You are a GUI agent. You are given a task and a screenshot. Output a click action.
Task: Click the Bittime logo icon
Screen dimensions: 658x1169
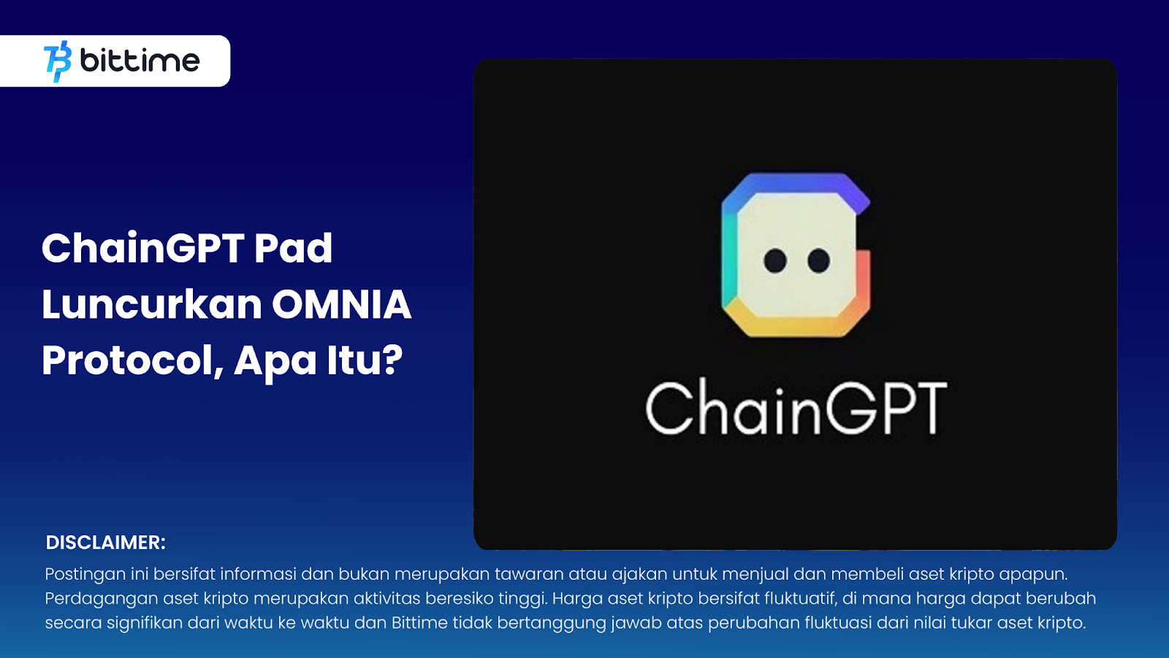[x=58, y=61]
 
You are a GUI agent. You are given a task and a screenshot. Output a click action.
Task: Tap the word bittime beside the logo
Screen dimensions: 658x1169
[x=140, y=61]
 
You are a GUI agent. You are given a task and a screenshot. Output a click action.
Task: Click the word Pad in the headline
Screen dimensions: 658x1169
[x=293, y=249]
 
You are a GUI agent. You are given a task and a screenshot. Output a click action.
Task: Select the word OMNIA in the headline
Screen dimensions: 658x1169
[x=341, y=305]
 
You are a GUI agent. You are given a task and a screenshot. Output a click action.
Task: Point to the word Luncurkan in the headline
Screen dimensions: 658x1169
[x=151, y=305]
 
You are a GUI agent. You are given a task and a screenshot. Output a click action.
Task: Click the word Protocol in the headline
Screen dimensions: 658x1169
[x=132, y=360]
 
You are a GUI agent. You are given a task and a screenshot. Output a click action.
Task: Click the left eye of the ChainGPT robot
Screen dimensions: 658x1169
[x=774, y=260]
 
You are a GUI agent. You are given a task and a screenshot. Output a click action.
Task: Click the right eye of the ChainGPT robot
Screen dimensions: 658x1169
[x=818, y=260]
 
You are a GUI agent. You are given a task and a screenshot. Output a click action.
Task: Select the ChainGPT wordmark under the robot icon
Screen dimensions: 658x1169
[x=796, y=408]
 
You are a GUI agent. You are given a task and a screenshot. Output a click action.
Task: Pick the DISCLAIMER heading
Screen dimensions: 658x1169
[x=106, y=542]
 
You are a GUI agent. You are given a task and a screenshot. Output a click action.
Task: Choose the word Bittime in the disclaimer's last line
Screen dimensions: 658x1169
[x=419, y=623]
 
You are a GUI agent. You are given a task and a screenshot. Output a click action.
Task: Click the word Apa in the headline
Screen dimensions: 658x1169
[x=275, y=361]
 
